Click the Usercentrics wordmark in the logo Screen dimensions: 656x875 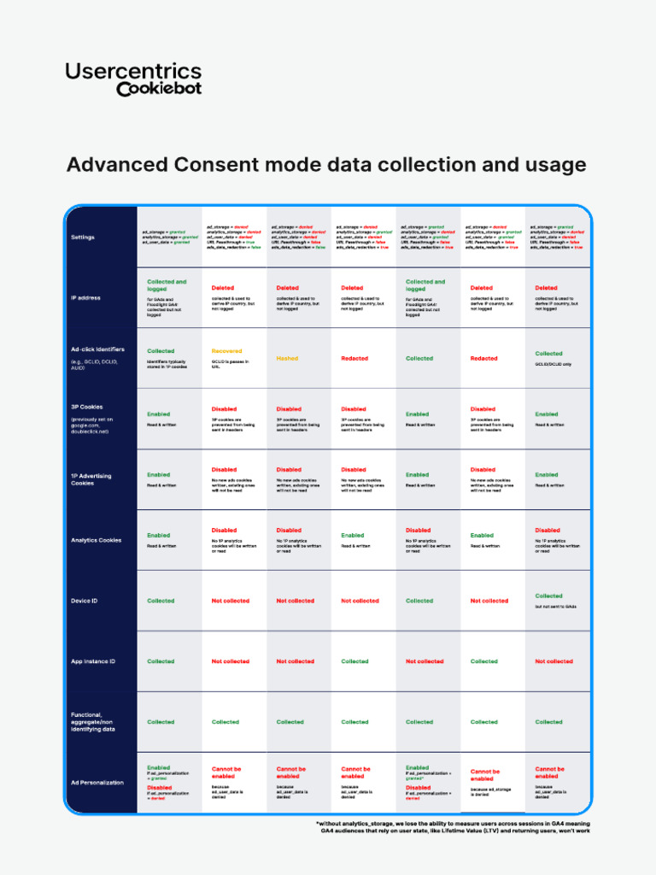(x=133, y=72)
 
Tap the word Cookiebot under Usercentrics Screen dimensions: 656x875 (x=159, y=89)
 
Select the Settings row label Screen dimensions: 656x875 (x=83, y=237)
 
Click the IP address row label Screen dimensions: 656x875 (x=85, y=297)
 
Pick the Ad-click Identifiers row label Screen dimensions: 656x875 (x=97, y=349)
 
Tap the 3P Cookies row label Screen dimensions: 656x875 (x=87, y=407)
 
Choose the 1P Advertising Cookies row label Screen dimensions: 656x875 (x=91, y=479)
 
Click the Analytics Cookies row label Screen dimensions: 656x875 (x=96, y=540)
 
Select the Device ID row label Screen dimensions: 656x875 (x=84, y=601)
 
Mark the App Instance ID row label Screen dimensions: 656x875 (x=92, y=661)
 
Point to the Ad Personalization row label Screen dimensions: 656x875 (x=97, y=782)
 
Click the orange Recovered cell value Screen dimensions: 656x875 (x=226, y=351)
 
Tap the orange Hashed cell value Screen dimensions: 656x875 (x=287, y=359)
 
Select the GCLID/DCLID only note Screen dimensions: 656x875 (x=553, y=364)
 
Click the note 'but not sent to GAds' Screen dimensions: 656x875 (x=556, y=607)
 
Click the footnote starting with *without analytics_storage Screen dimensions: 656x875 (x=454, y=827)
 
